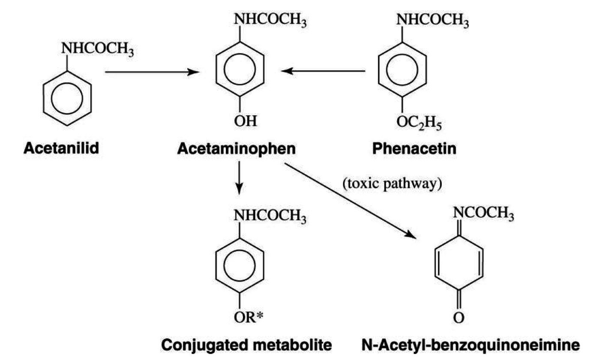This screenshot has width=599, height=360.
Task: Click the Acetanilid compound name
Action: click(62, 149)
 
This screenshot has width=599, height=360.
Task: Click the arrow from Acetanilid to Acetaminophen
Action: click(152, 72)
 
